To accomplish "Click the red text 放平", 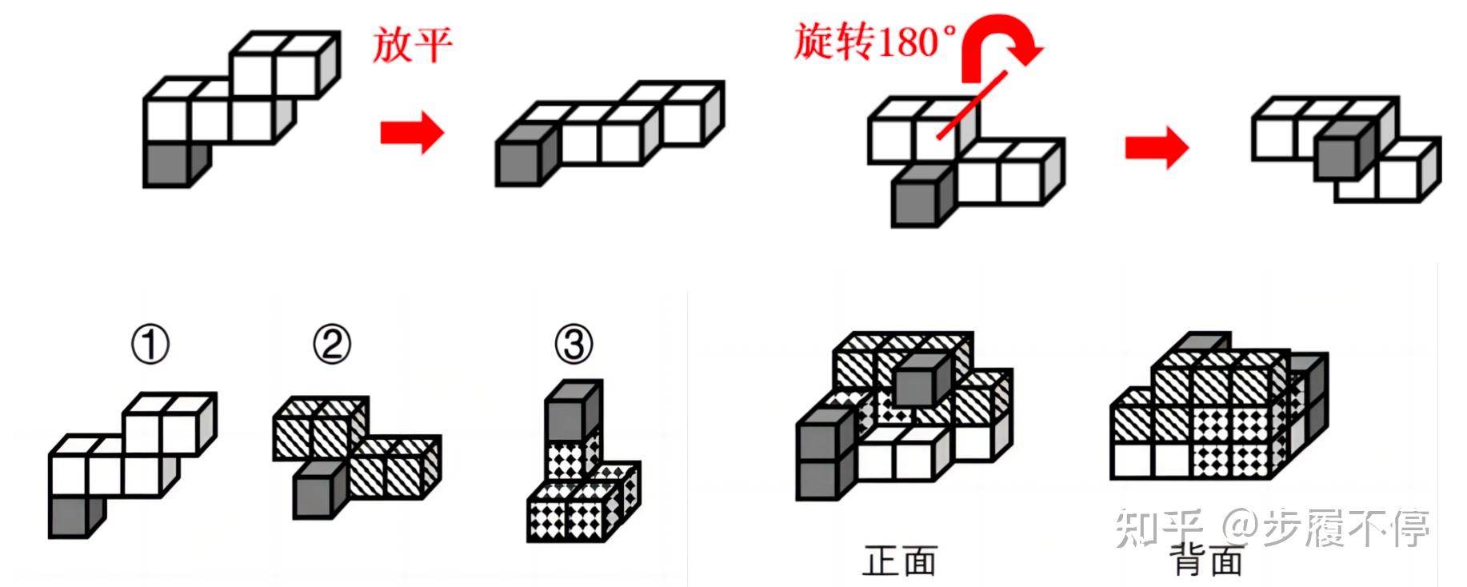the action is [412, 44].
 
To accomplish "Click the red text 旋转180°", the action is [873, 42].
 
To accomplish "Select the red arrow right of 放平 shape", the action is [411, 132].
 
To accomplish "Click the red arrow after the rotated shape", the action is [1156, 147].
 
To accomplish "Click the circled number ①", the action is [150, 345].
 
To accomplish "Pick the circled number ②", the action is [332, 345].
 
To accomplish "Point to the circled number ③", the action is [574, 345].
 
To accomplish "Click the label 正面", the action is [899, 561].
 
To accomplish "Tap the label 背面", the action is [1206, 561].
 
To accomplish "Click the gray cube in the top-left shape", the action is [168, 165].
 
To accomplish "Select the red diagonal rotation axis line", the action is [972, 104].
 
